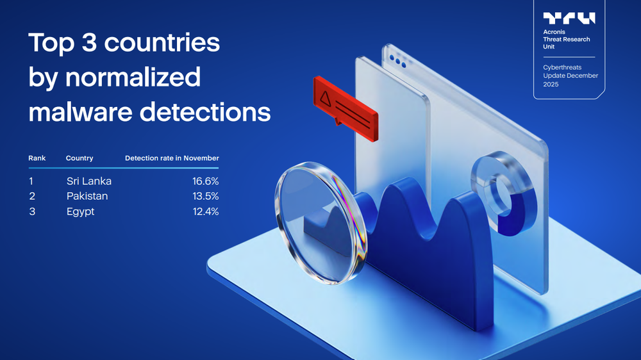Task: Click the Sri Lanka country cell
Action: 88,181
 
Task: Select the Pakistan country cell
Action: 87,196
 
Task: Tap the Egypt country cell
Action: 80,211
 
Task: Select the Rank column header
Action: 37,158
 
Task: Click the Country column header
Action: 79,158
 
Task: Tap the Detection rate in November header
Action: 172,158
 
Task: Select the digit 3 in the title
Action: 92,44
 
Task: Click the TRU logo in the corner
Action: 569,18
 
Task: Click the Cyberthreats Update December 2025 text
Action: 570,76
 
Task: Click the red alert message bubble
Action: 344,103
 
